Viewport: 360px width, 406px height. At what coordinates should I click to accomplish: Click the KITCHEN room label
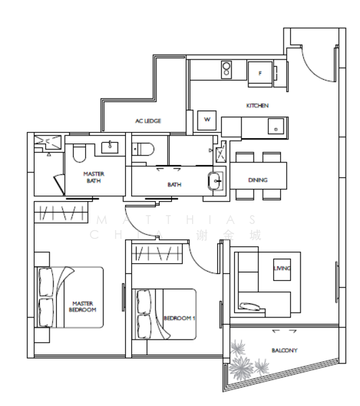[257, 106]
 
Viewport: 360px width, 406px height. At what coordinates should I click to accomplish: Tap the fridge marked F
[260, 73]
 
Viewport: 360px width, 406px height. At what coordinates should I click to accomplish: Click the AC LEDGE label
[148, 120]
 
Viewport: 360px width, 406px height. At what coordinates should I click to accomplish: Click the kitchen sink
[275, 126]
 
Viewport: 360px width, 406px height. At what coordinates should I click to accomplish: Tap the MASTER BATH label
[94, 177]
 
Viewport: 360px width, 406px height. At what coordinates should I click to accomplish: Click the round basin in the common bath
[215, 180]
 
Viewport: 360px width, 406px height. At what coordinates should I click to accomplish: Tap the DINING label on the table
[258, 180]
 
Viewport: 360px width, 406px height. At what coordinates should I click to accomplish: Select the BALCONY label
[284, 350]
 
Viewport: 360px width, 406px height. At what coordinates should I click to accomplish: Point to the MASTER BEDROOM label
[83, 307]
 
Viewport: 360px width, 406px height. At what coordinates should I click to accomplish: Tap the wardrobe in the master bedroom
[61, 213]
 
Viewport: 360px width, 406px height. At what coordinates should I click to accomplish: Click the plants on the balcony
[247, 359]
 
